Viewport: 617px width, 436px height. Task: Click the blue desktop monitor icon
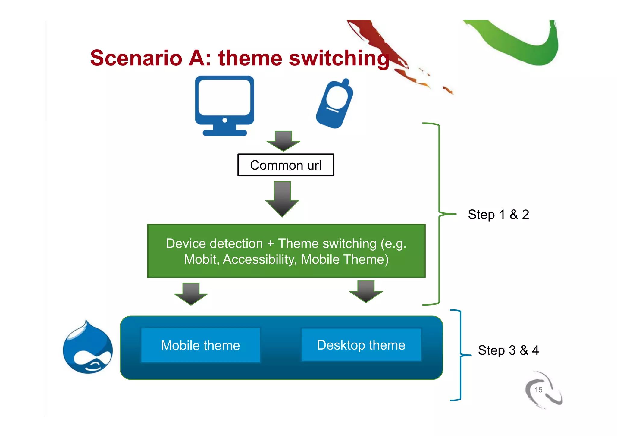click(x=224, y=99)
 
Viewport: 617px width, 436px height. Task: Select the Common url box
click(x=286, y=165)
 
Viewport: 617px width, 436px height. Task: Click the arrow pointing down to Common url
click(x=283, y=141)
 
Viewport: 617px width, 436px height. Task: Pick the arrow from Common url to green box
click(x=282, y=199)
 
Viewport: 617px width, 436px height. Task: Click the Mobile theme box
click(x=201, y=345)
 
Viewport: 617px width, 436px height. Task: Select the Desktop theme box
click(x=361, y=345)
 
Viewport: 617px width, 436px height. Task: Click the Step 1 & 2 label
click(x=498, y=215)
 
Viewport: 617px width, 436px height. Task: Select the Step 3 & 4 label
click(x=508, y=350)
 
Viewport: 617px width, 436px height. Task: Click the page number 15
click(x=538, y=390)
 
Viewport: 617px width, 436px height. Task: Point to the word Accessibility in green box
click(x=259, y=259)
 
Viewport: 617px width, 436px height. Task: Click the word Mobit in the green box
click(x=201, y=259)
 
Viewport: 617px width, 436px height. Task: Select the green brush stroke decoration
click(x=518, y=42)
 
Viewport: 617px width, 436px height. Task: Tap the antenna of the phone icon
click(x=346, y=82)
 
